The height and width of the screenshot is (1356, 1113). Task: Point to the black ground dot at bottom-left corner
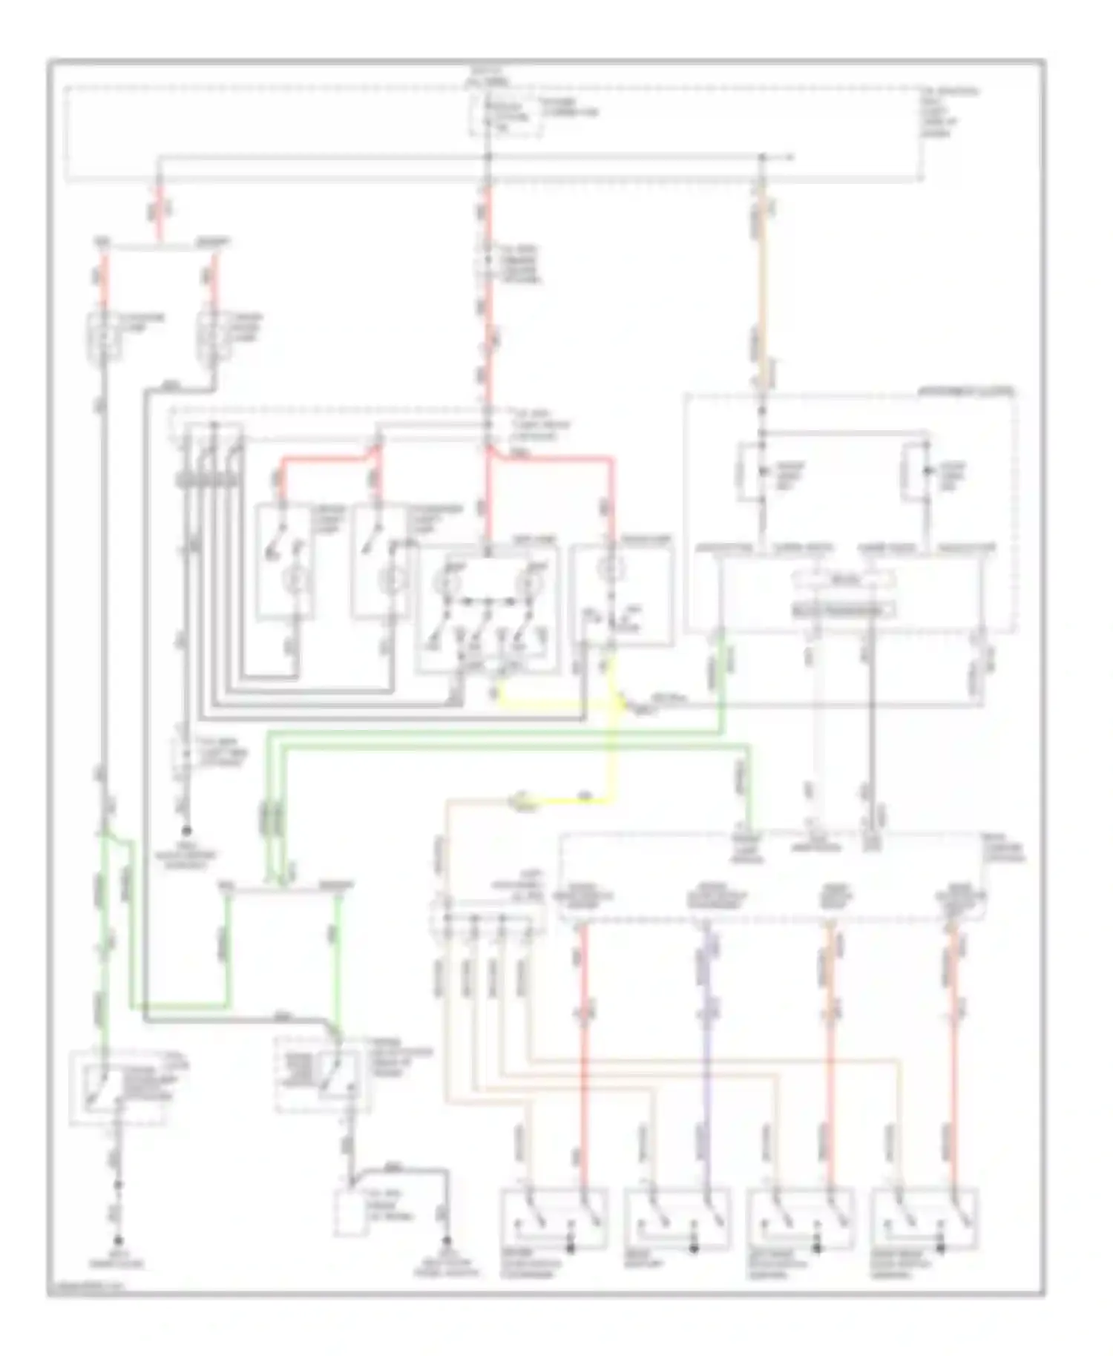[x=117, y=1240]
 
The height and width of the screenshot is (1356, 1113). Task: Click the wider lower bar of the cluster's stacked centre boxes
[x=842, y=610]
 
